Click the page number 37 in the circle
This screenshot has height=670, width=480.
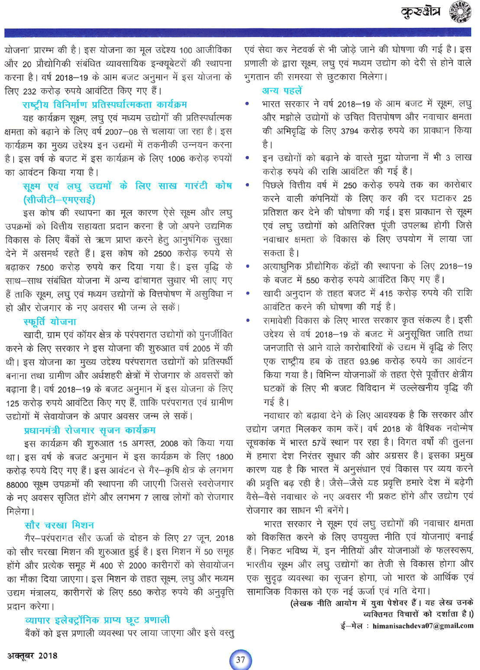point(240,659)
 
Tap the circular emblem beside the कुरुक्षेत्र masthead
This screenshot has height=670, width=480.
point(460,12)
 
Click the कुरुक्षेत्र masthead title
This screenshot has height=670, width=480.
point(421,12)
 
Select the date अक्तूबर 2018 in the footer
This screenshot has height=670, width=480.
point(32,656)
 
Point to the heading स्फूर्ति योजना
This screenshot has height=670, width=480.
point(50,321)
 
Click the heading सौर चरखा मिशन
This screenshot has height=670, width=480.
point(59,525)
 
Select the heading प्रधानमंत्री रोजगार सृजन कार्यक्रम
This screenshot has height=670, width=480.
point(90,430)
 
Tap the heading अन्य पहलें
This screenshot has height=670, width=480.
point(282,90)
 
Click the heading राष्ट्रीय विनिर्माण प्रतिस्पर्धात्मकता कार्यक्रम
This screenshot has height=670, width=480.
point(105,104)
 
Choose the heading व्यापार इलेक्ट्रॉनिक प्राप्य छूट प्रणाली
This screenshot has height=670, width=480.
point(97,620)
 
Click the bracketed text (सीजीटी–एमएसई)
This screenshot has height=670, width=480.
point(59,199)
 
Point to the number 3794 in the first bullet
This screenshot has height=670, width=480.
point(349,131)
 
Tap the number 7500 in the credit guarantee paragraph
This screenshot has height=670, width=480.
point(45,267)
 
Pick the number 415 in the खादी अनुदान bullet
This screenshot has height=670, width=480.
point(386,293)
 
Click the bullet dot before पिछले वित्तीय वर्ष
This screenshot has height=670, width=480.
point(247,185)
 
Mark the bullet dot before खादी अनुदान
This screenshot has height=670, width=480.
point(247,293)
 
